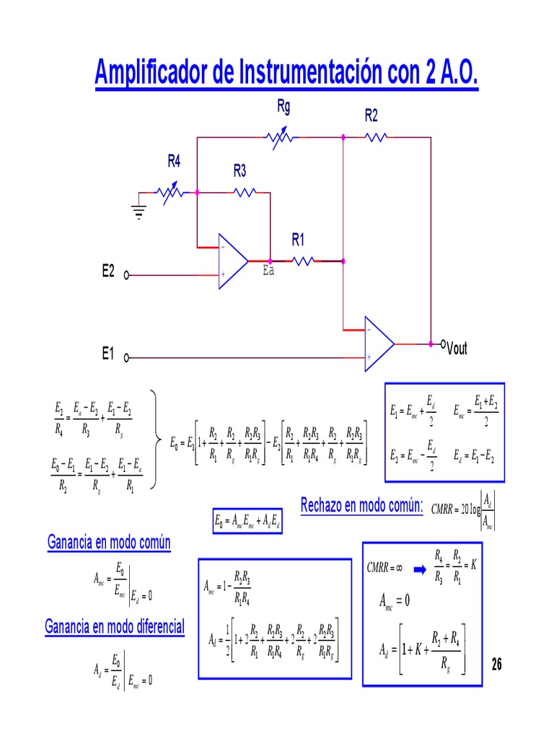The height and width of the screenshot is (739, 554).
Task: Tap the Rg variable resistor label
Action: click(x=283, y=107)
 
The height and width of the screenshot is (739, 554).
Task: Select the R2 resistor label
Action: click(x=371, y=115)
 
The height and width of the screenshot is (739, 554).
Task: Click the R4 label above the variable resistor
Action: click(x=174, y=162)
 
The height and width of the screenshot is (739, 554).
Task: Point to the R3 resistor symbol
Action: click(x=244, y=193)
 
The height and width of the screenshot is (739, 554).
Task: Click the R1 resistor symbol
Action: click(x=304, y=261)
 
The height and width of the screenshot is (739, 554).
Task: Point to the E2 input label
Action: click(x=108, y=271)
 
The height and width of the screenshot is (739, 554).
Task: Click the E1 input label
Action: click(x=108, y=354)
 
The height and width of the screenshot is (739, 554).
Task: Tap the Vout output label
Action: click(x=457, y=349)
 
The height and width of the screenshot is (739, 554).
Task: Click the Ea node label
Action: click(x=268, y=272)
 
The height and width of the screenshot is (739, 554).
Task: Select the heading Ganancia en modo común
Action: click(x=109, y=542)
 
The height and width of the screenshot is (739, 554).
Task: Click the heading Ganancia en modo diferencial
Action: click(x=115, y=626)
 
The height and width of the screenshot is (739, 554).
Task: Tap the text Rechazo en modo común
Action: click(x=361, y=505)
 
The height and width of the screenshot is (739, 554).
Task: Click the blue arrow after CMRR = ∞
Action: click(x=420, y=569)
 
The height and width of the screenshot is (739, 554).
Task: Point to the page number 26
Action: click(x=496, y=664)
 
